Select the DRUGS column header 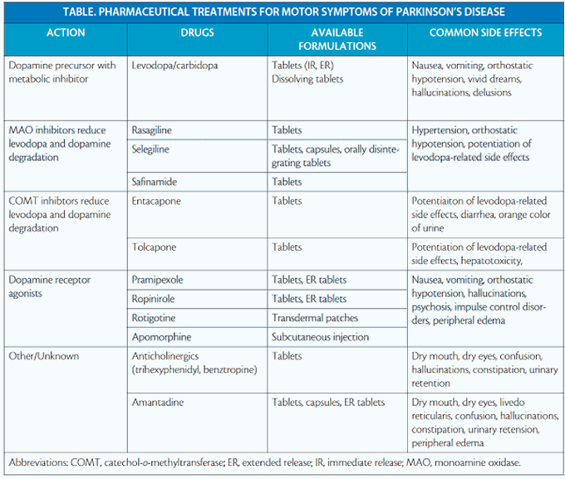pyautogui.click(x=197, y=33)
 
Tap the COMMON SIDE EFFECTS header pyautogui.click(x=485, y=33)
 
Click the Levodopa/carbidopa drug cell pyautogui.click(x=175, y=66)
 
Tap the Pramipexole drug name pyautogui.click(x=160, y=280)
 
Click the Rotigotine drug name pyautogui.click(x=157, y=318)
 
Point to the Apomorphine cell pyautogui.click(x=162, y=337)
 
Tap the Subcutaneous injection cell pyautogui.click(x=320, y=337)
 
